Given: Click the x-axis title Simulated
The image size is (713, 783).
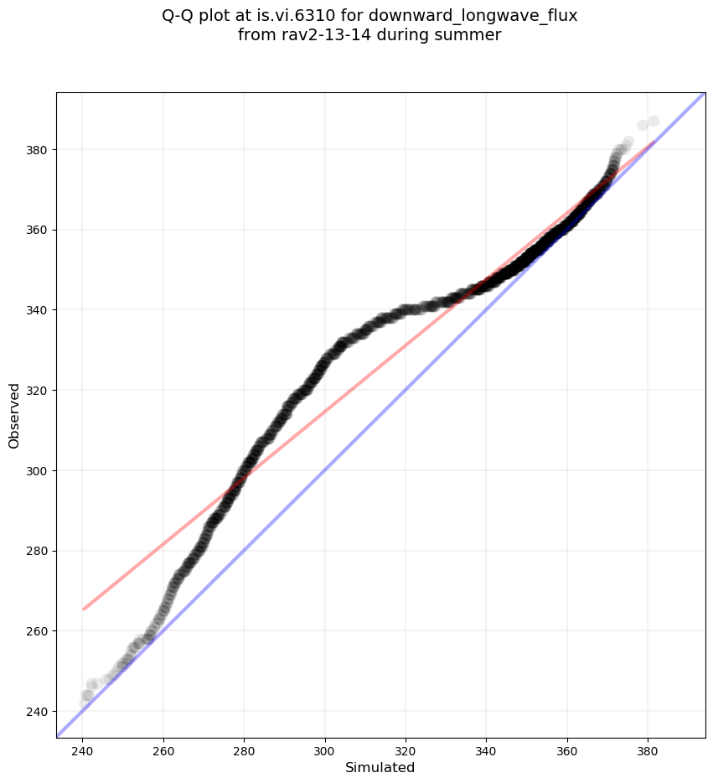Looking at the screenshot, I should point(380,767).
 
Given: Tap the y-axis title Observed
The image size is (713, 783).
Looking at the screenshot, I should point(14,416).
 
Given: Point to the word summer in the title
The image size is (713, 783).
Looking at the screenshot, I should point(473,34).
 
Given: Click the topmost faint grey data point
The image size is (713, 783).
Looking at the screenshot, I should point(654,122).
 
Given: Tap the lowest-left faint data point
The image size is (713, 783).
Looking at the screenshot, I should point(85,703).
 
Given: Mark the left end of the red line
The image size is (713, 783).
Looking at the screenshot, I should point(84,609).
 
